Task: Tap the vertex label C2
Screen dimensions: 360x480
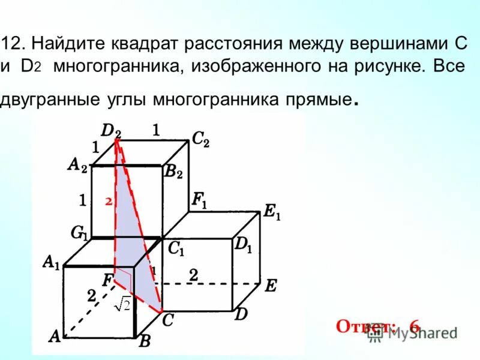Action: click(x=200, y=140)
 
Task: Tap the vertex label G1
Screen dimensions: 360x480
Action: click(x=79, y=233)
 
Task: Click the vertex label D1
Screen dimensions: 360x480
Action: click(x=243, y=245)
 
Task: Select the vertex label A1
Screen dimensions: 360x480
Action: click(x=51, y=262)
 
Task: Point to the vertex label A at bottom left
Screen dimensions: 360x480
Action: click(x=55, y=337)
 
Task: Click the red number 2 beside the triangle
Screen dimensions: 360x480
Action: click(x=109, y=202)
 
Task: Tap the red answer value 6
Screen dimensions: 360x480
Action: click(x=415, y=326)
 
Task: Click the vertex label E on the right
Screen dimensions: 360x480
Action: click(x=271, y=286)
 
